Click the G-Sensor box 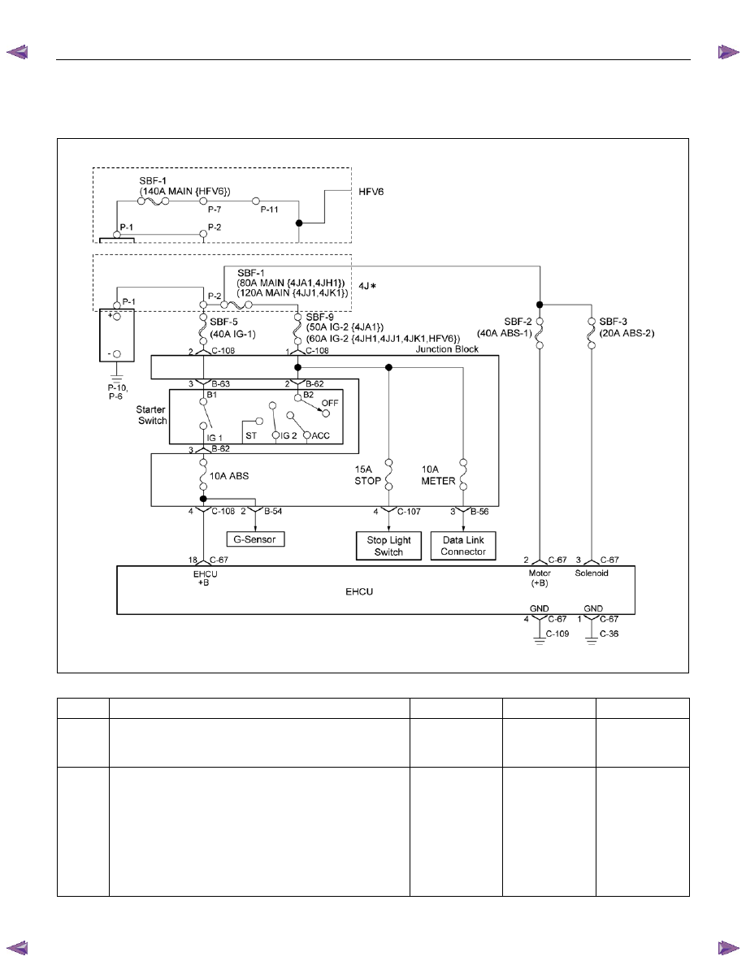click(255, 539)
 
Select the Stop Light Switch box click(389, 546)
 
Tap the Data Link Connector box click(463, 546)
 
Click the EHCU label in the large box click(359, 591)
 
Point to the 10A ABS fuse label click(229, 476)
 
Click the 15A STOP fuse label click(367, 475)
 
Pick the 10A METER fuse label click(438, 475)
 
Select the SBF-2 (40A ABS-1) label click(504, 327)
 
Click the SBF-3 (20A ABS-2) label click(627, 327)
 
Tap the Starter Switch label click(152, 415)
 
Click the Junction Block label click(447, 349)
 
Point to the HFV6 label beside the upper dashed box click(371, 192)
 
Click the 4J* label click(366, 286)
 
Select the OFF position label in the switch click(330, 403)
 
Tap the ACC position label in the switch click(321, 435)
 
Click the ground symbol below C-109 click(540, 642)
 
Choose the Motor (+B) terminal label click(540, 578)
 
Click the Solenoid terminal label click(592, 573)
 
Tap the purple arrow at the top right click(728, 52)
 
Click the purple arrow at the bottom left click(17, 948)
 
